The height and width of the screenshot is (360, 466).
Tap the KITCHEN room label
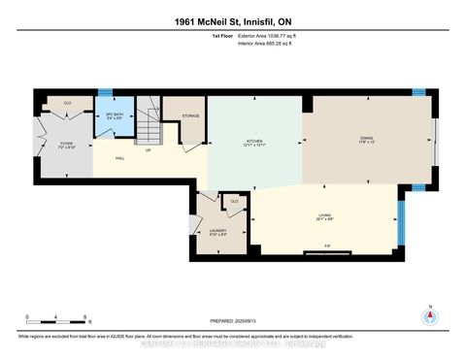254,143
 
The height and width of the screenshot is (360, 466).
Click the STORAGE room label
190,116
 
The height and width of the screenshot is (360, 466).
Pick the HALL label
119,156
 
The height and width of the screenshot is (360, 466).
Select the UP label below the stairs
148,149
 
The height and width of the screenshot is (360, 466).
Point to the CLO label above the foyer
68,102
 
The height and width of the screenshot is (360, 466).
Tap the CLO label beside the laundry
232,203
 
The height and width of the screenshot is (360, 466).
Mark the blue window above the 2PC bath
105,93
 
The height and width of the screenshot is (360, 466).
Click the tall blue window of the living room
402,222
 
